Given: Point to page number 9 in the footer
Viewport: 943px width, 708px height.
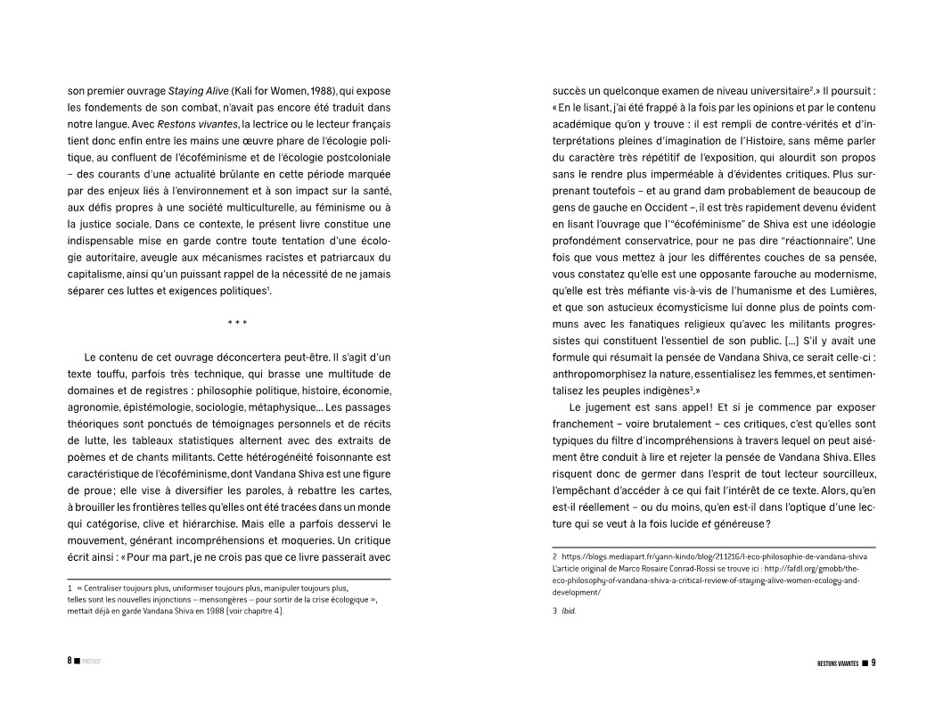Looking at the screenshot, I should [874, 662].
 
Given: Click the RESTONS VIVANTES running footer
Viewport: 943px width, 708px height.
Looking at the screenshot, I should [837, 662].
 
